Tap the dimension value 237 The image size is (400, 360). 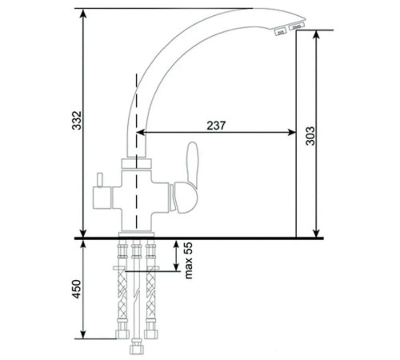(214, 125)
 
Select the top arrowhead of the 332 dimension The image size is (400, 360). (84, 14)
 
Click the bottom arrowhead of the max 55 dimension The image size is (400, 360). (176, 269)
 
